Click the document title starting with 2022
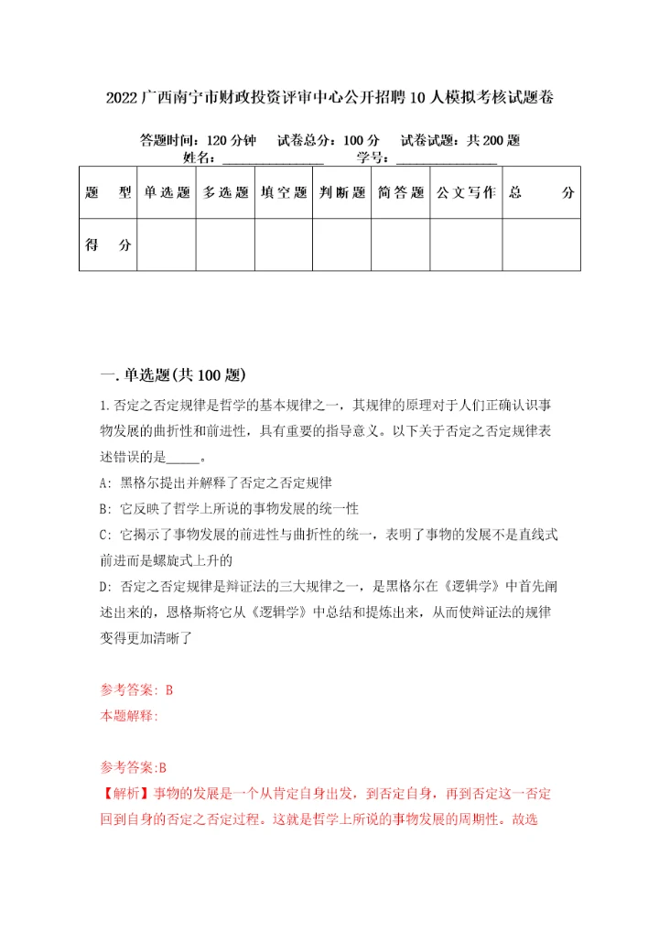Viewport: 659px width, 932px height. click(329, 97)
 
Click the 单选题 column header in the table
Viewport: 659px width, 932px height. click(166, 193)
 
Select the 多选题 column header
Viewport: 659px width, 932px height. click(225, 193)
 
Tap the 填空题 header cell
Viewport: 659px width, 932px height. click(284, 193)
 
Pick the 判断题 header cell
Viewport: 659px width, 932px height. click(342, 193)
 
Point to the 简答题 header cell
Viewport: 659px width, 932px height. click(400, 193)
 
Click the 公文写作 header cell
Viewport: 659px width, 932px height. click(466, 193)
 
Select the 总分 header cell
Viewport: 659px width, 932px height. click(542, 193)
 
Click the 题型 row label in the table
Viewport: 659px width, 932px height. click(108, 193)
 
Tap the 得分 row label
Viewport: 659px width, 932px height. click(108, 245)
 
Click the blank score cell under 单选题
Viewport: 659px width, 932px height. click(166, 245)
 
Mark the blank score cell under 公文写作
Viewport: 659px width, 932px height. click(466, 245)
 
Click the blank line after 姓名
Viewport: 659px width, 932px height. click(274, 157)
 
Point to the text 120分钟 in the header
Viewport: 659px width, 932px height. click(231, 140)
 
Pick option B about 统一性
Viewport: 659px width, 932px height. click(228, 507)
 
